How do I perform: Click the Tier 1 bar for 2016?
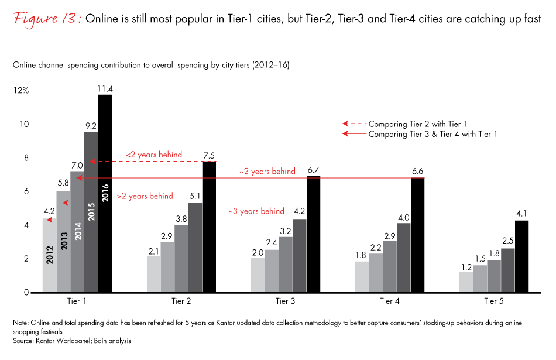105,193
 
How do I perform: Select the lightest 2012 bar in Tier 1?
49,255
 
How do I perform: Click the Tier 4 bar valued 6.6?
418,235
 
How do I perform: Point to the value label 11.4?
105,88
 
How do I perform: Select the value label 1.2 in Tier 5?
466,266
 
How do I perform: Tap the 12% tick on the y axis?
22,91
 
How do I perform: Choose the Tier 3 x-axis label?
286,301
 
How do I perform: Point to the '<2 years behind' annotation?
154,155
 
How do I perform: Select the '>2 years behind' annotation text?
145,196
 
